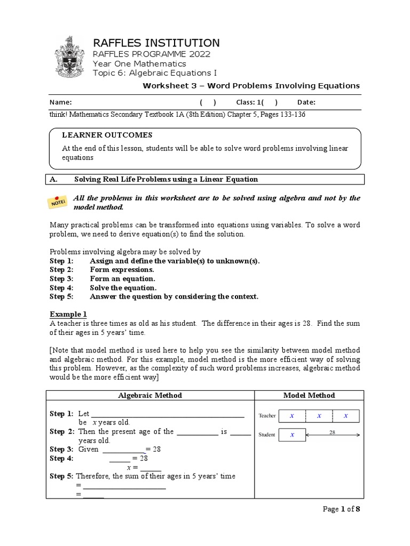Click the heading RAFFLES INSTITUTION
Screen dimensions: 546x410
click(x=156, y=43)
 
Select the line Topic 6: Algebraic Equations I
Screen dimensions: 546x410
click(x=155, y=73)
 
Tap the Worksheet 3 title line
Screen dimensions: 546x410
click(x=250, y=86)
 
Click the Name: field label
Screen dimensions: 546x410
click(x=60, y=102)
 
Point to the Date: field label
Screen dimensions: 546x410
click(x=306, y=102)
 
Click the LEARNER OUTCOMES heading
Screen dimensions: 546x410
click(x=107, y=135)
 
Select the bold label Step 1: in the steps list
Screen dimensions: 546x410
click(x=61, y=261)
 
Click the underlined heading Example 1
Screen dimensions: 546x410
click(x=68, y=314)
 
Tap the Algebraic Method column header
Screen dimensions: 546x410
click(x=149, y=395)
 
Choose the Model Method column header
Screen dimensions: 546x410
click(x=309, y=395)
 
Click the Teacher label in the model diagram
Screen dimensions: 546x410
click(x=267, y=416)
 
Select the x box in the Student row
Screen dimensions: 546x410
click(x=291, y=435)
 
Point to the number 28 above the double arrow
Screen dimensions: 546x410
click(x=332, y=432)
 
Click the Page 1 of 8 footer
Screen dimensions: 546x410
click(x=342, y=509)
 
